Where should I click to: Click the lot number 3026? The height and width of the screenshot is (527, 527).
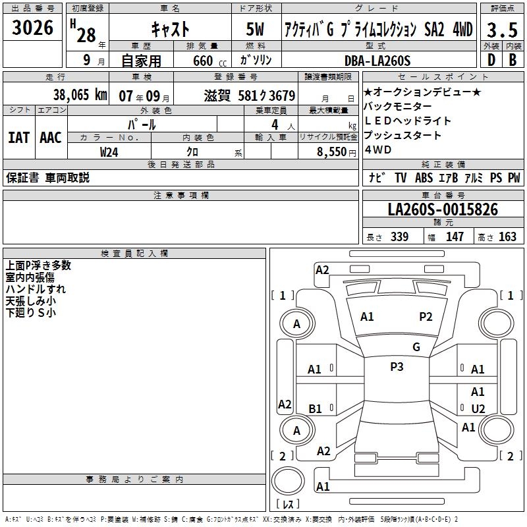point(33,28)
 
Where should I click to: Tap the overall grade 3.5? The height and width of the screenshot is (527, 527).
point(503,30)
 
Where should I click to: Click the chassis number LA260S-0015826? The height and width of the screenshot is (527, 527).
point(443,210)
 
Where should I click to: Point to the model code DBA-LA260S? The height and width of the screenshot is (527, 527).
point(377,61)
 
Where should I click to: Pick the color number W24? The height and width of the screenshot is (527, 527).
point(109,152)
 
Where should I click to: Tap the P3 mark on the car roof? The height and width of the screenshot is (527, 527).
point(397,367)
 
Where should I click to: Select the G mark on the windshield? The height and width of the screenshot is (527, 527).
point(416,347)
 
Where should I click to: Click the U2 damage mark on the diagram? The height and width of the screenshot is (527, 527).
point(478,408)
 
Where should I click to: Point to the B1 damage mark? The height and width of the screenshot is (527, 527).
point(315,408)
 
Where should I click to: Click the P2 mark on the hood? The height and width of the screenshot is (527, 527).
point(426,317)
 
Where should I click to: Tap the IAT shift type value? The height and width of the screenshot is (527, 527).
point(19,137)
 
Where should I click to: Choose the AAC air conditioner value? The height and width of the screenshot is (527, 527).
point(50,137)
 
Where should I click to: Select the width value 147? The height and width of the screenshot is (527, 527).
point(455,236)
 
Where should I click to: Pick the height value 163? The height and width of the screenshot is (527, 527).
point(507,236)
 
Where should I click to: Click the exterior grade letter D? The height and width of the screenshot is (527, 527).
point(491,60)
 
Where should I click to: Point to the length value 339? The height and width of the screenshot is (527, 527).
point(399,236)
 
